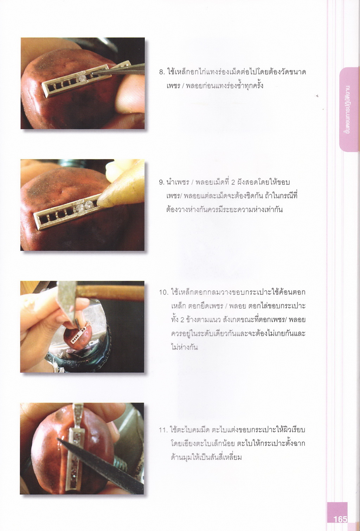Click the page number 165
[340, 519]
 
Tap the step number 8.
[161, 72]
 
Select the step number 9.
[161, 183]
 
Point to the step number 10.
[163, 292]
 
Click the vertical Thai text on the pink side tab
[348, 109]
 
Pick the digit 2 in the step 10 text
[182, 320]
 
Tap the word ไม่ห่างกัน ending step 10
[184, 348]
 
